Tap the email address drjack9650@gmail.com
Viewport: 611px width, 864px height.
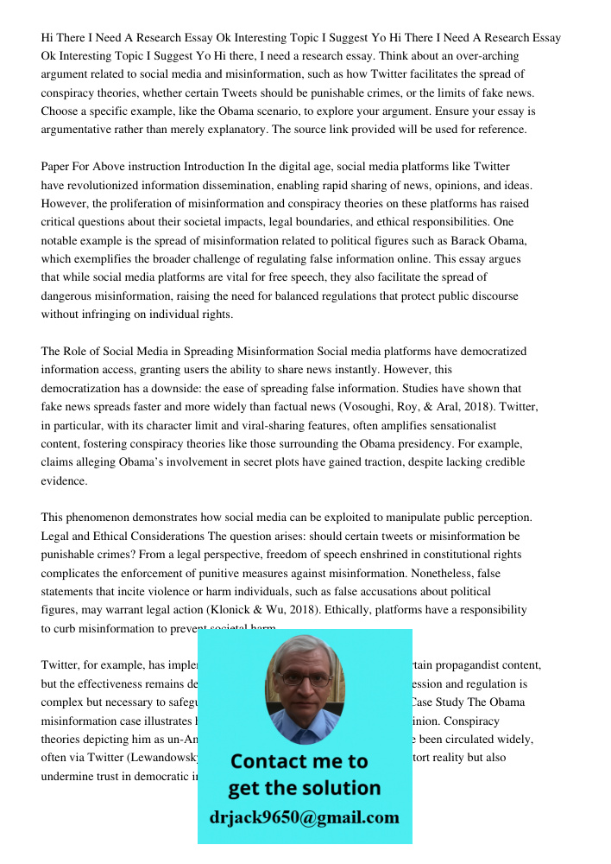click(304, 817)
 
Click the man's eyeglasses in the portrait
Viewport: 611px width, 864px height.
click(304, 679)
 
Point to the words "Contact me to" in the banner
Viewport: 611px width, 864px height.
click(299, 761)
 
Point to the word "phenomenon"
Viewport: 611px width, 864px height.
click(99, 518)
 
